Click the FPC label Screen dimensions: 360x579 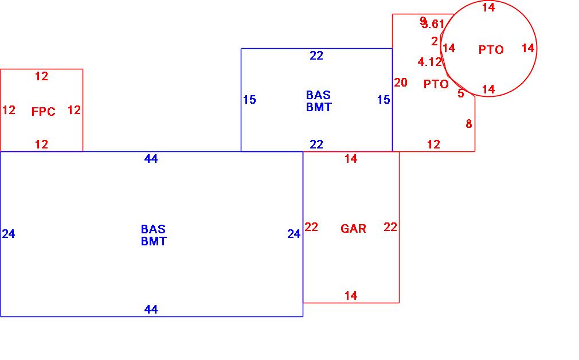[44, 112]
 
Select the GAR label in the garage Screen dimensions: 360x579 [353, 229]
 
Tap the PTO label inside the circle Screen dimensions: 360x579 [491, 50]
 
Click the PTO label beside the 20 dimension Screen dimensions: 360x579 [436, 84]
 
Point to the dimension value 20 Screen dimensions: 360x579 [401, 83]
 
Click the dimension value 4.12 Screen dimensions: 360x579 [430, 62]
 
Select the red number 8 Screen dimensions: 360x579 [469, 123]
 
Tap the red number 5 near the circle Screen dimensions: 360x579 [461, 93]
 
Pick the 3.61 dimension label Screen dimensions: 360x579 [434, 24]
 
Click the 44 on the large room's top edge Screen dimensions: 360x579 [151, 159]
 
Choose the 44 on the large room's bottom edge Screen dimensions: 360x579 [151, 310]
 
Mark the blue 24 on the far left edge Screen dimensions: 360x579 [9, 234]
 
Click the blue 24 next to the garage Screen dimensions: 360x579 [294, 234]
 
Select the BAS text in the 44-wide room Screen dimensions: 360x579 [153, 229]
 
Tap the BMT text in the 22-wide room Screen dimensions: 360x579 [318, 107]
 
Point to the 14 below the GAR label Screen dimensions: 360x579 [351, 296]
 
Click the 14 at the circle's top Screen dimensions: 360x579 [488, 7]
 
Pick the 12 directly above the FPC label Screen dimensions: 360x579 [41, 76]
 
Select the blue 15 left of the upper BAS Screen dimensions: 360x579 [249, 100]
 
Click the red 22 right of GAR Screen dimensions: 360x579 [390, 227]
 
